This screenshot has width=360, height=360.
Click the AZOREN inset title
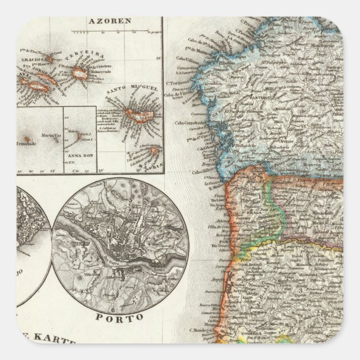109,21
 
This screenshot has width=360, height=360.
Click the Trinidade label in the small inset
28,143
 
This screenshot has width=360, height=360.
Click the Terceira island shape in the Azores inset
80,72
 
